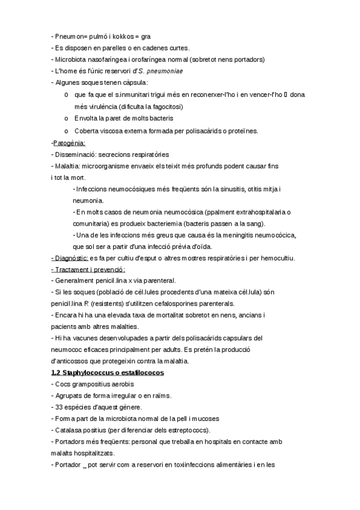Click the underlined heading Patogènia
point(69,143)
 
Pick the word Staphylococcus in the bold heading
point(89,373)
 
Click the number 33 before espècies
point(59,407)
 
